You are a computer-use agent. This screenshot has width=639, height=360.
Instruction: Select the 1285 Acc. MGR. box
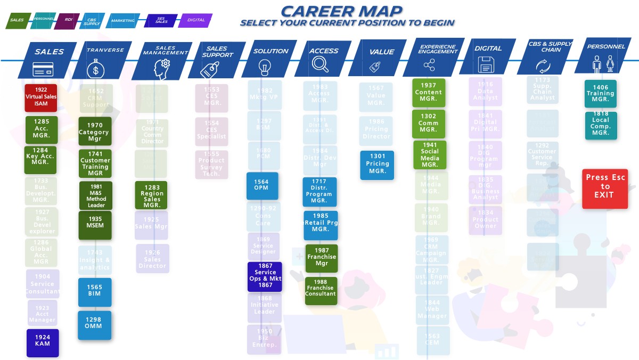pyautogui.click(x=42, y=129)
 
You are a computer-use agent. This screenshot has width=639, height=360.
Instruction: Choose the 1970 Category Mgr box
pyautogui.click(x=95, y=132)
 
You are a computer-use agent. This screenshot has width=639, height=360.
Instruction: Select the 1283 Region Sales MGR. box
pyautogui.click(x=152, y=195)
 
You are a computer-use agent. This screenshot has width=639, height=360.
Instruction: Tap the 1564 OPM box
pyautogui.click(x=262, y=185)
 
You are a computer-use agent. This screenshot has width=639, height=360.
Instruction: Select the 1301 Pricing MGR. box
pyautogui.click(x=377, y=165)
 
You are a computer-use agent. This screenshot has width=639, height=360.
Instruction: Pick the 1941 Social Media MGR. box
pyautogui.click(x=430, y=155)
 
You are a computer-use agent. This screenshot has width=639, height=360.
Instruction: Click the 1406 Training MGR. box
pyautogui.click(x=600, y=94)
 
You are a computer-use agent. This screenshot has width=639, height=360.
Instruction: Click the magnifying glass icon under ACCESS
pyautogui.click(x=321, y=64)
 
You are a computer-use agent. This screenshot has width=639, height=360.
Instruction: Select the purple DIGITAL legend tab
pyautogui.click(x=196, y=20)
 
